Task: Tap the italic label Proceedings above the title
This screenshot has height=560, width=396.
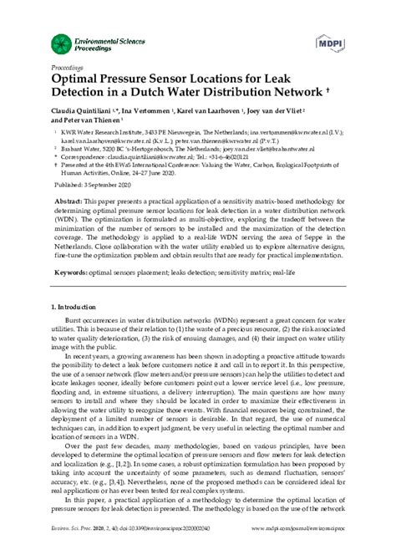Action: [x=67, y=65]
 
